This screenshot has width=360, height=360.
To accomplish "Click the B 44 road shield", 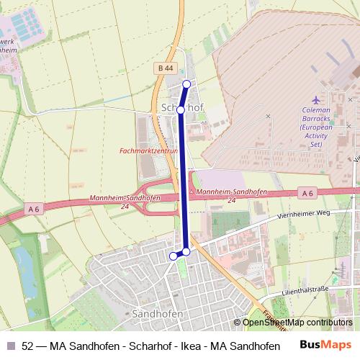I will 165,68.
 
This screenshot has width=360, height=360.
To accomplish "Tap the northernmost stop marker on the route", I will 186,84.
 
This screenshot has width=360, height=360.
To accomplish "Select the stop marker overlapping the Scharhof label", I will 182,110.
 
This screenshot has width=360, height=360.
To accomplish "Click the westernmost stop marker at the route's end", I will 173,256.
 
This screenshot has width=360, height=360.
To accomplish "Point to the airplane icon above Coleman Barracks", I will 317,99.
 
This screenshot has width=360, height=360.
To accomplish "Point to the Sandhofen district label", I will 158,315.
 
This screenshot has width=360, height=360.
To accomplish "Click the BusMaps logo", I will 325,345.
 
